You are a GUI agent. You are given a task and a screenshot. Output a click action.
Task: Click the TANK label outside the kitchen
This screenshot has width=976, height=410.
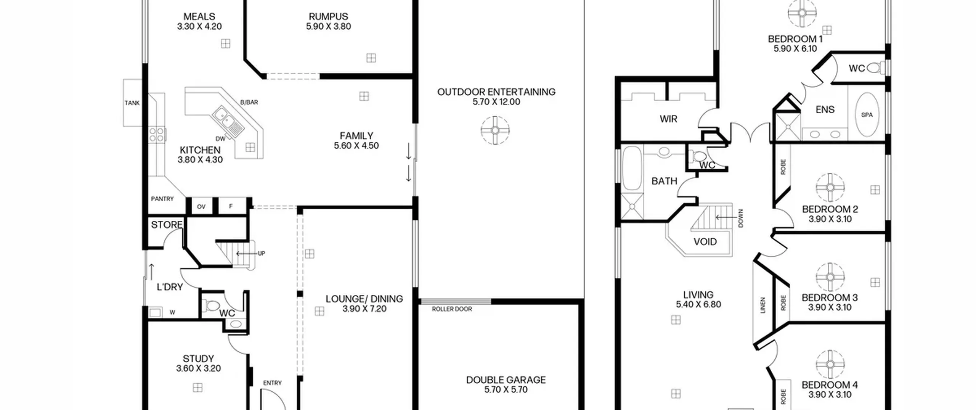[132, 103]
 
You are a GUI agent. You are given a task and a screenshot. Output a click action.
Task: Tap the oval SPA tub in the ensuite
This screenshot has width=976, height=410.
[867, 114]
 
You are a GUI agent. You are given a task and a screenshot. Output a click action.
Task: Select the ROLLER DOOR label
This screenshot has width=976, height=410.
[452, 309]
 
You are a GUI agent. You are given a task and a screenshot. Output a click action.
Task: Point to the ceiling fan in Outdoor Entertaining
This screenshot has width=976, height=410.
[495, 130]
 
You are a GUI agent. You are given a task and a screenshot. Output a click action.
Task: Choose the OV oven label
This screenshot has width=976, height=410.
[201, 207]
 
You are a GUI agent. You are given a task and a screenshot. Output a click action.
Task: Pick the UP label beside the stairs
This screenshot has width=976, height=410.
[262, 253]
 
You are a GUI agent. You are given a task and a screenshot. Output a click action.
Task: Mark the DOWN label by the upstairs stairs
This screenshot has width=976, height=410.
[740, 218]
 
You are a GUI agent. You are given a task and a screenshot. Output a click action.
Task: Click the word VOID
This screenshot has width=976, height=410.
[705, 241]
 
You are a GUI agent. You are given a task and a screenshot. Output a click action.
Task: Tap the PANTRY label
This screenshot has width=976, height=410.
[162, 199]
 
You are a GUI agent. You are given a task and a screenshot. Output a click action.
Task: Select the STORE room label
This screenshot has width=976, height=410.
[167, 225]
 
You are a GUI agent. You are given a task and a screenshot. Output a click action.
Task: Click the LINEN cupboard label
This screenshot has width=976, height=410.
[763, 305]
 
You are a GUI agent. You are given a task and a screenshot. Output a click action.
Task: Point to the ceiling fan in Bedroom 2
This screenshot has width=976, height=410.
[830, 187]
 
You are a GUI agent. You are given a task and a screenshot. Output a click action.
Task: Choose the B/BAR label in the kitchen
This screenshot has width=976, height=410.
[249, 102]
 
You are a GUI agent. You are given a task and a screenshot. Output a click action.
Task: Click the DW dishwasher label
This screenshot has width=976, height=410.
[220, 139]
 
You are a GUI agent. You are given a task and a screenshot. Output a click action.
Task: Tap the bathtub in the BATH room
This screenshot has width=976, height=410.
[632, 168]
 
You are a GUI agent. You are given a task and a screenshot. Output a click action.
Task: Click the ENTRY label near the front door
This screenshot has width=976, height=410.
[272, 383]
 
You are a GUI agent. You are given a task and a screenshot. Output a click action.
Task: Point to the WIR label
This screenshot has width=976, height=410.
[669, 119]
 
